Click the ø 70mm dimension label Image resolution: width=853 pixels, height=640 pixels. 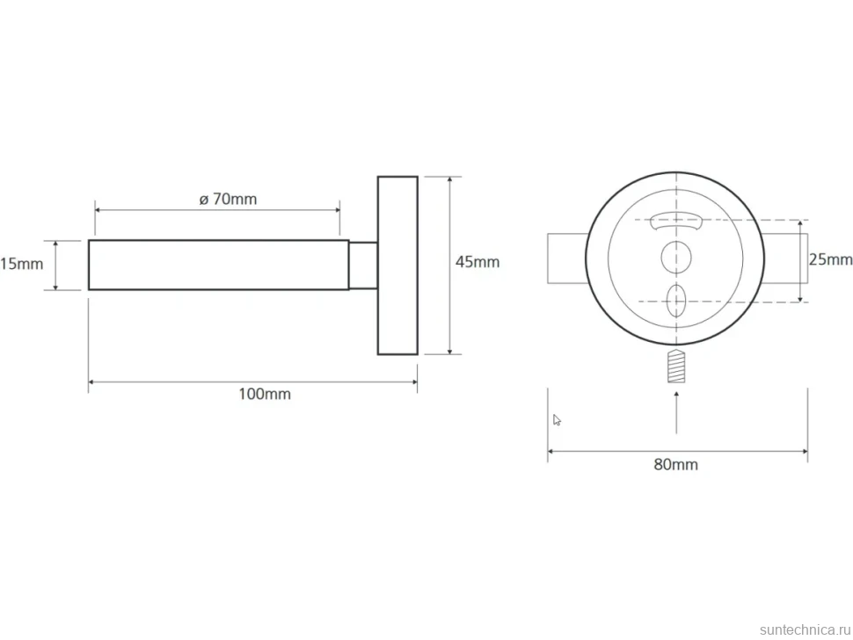click(228, 199)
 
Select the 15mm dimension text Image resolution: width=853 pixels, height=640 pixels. click(22, 265)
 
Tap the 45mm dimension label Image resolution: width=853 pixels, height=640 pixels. click(478, 262)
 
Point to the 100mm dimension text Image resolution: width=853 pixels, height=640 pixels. click(265, 394)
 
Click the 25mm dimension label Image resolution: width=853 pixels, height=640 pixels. click(830, 260)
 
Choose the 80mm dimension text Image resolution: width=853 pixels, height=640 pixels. click(675, 464)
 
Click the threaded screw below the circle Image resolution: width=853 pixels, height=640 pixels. click(675, 366)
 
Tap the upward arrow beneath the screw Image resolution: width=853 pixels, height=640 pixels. click(676, 411)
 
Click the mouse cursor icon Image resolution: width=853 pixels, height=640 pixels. click(557, 419)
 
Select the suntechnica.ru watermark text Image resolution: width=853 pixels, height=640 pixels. click(805, 629)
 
